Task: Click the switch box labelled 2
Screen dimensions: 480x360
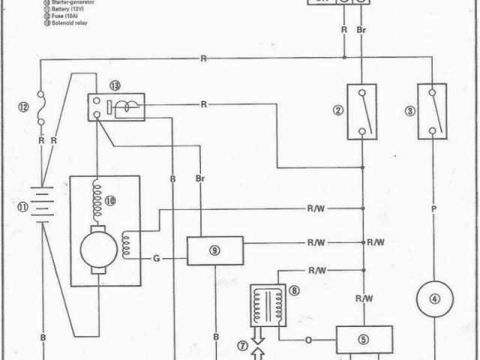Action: [x=360, y=111]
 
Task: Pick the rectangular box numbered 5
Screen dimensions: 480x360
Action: [x=364, y=339]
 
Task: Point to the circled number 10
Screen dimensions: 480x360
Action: [x=111, y=200]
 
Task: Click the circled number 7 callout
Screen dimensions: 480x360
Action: [x=242, y=345]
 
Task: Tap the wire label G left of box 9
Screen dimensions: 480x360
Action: [x=157, y=258]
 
